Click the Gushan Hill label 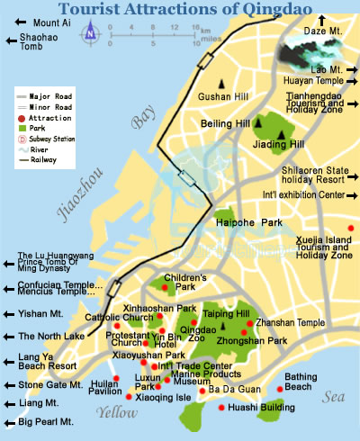click(x=220, y=94)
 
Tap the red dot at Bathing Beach click(x=281, y=389)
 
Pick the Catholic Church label click(x=121, y=318)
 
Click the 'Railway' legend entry click(x=44, y=160)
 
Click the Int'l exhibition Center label click(x=300, y=193)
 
